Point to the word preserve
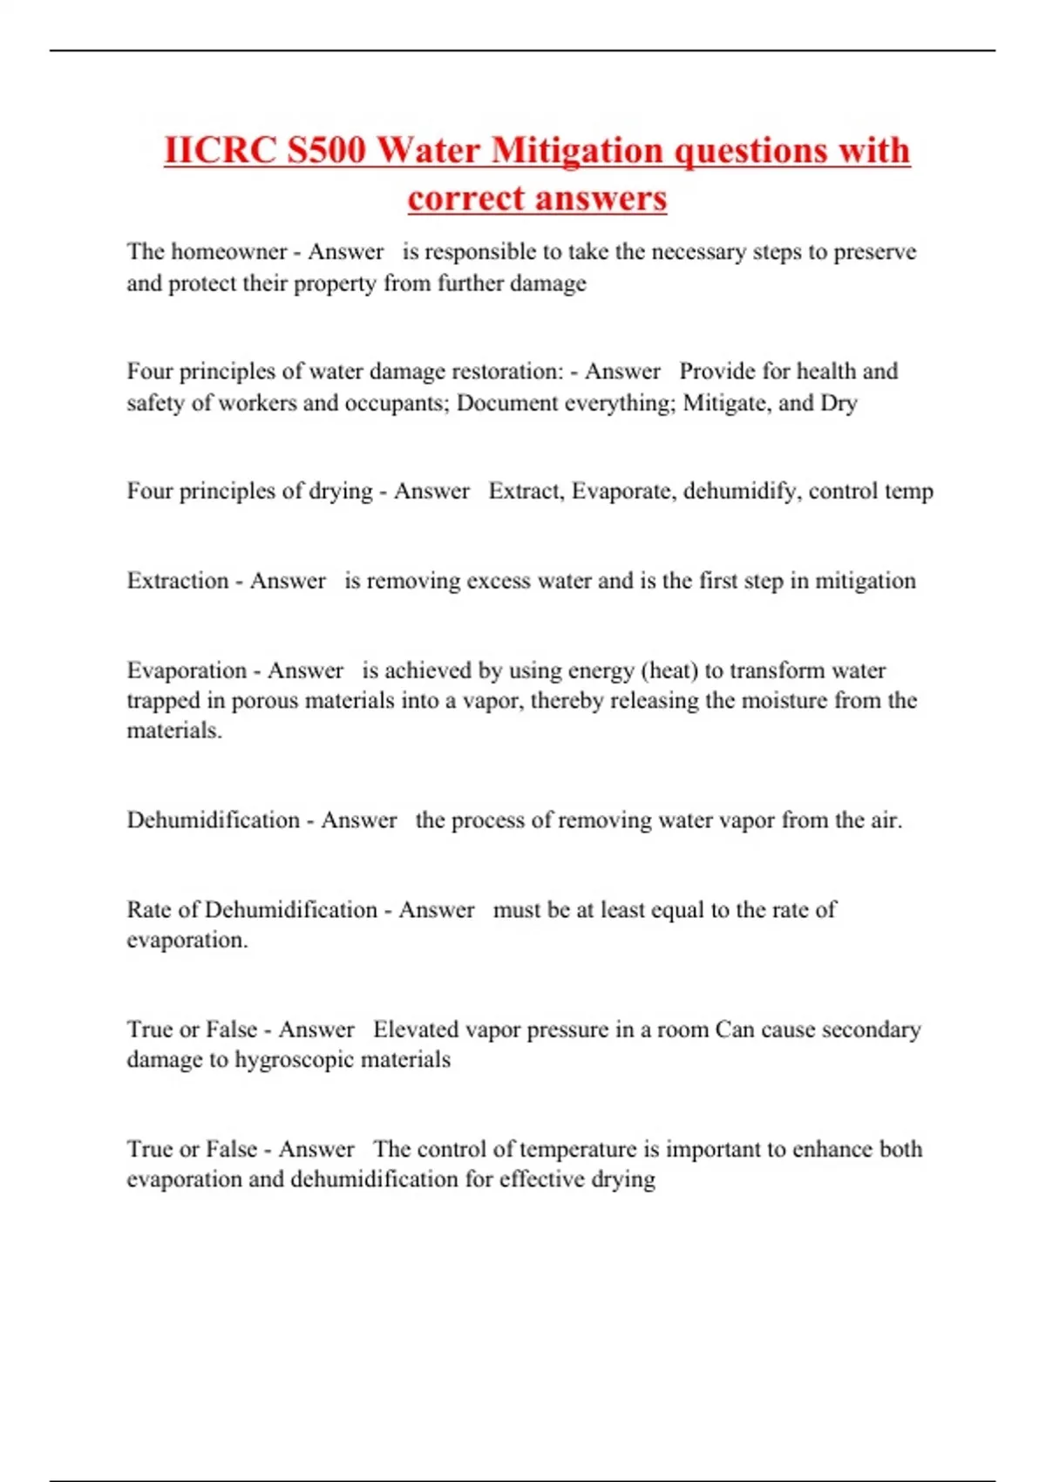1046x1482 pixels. click(875, 252)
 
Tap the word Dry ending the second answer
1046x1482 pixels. click(839, 403)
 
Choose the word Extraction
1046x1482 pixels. click(178, 581)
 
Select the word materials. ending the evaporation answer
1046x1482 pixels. click(174, 731)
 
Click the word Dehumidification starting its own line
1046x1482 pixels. click(213, 820)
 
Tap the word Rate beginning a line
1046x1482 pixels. click(149, 910)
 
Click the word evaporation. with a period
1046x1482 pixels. click(187, 940)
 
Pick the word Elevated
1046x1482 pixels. click(416, 1030)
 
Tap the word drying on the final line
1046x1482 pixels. click(623, 1179)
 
